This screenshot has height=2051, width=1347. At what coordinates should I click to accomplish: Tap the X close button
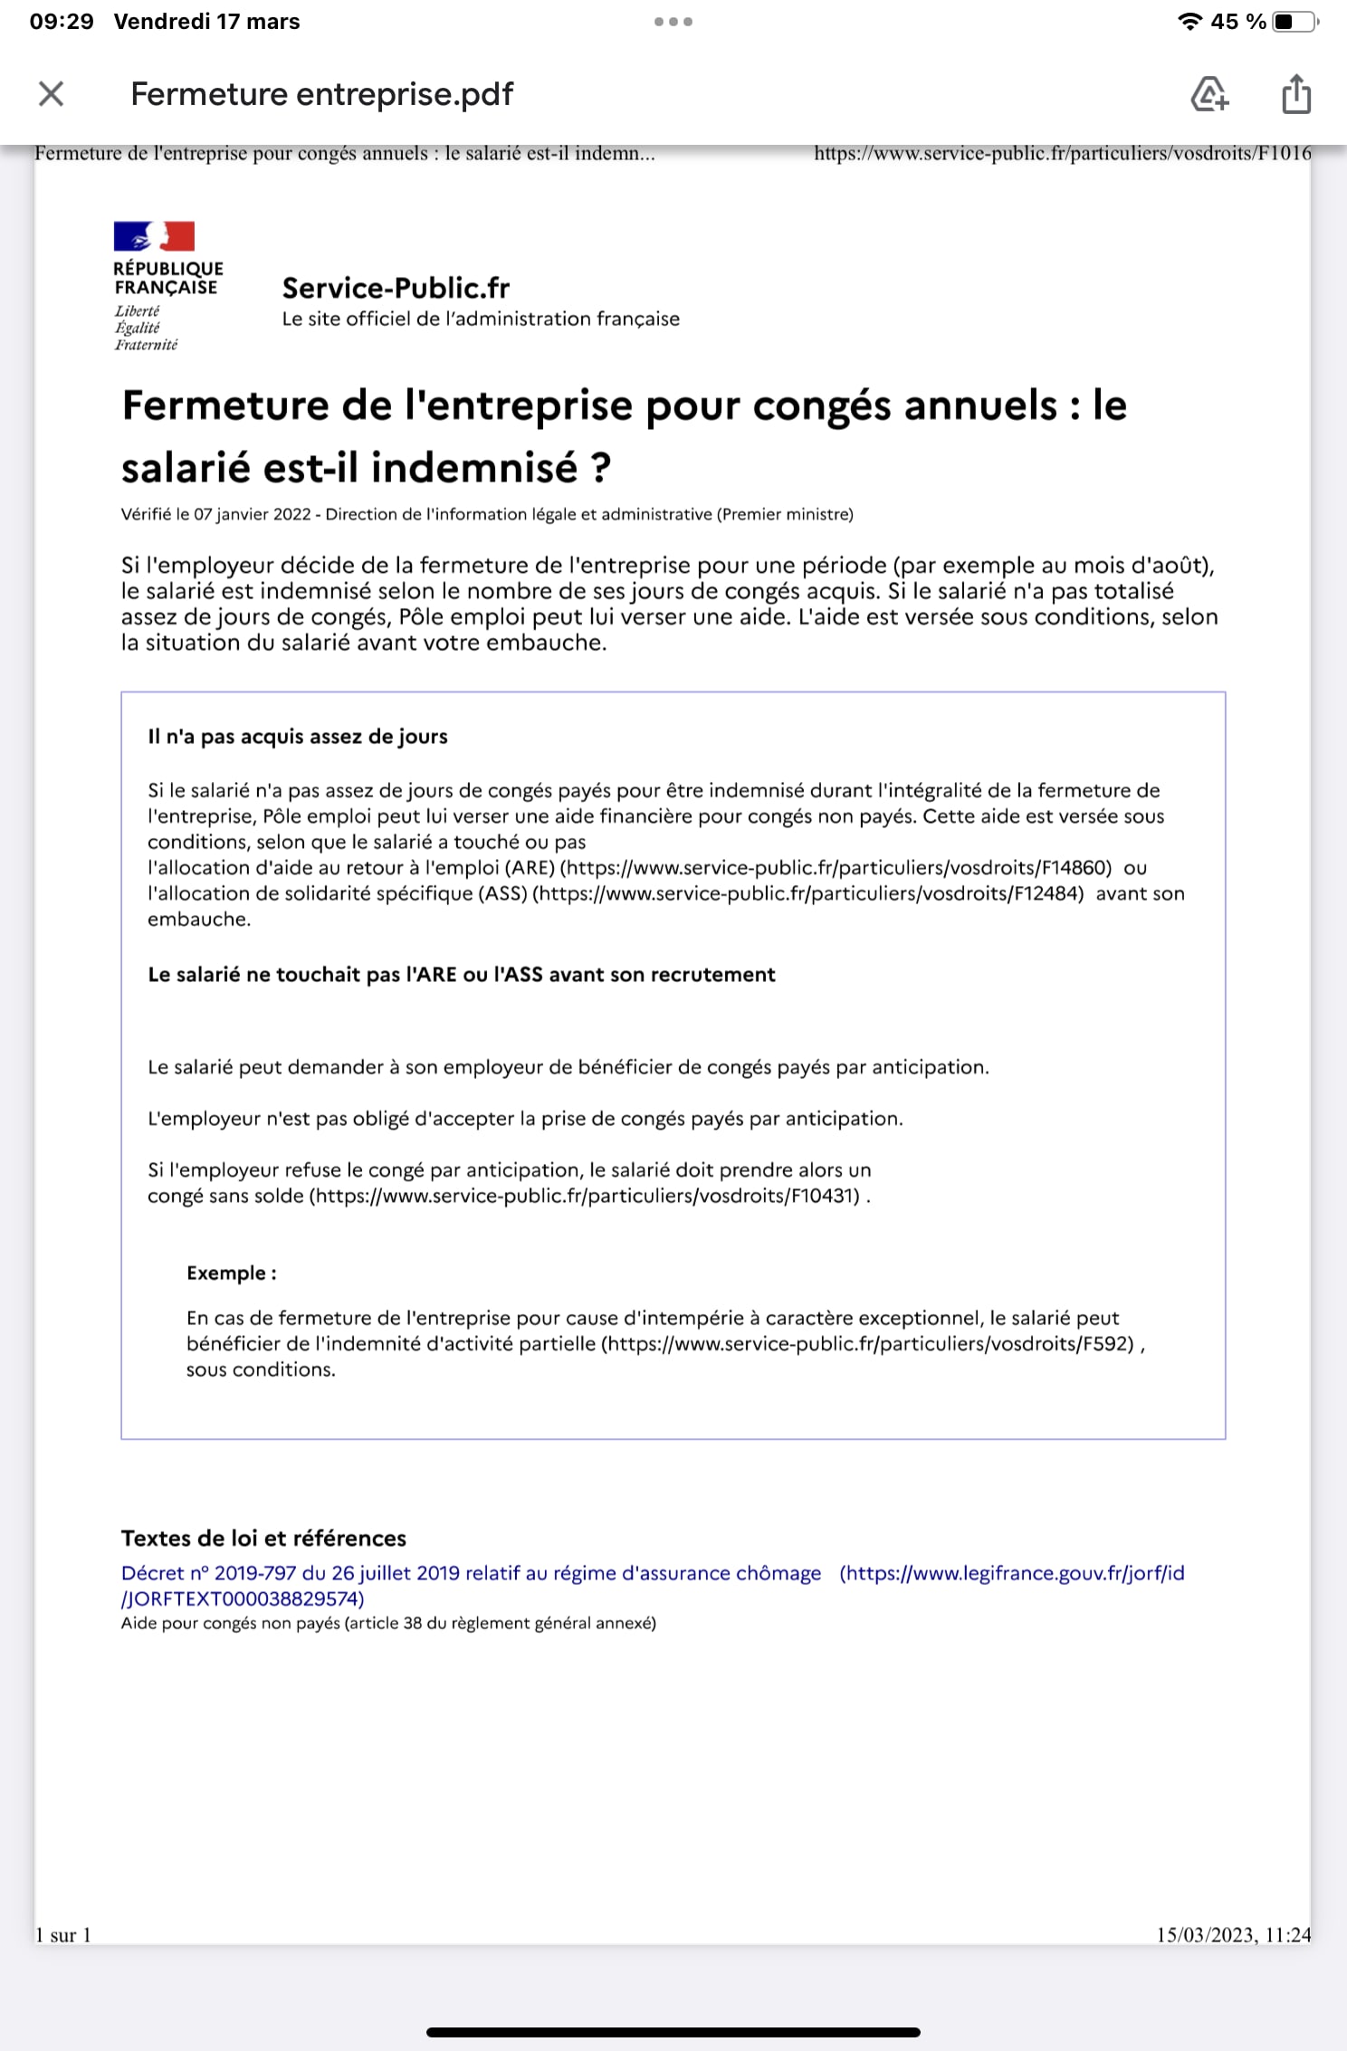[x=52, y=93]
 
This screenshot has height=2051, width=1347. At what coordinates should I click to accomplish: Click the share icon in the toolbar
[x=1296, y=93]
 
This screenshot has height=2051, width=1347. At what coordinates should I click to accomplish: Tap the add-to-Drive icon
[x=1209, y=93]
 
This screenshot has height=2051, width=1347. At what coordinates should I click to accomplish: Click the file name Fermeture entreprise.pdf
[x=321, y=94]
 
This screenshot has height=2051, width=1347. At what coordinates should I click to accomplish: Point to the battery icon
[x=1294, y=22]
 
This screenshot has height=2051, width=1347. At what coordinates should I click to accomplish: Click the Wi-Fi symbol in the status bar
[x=1189, y=22]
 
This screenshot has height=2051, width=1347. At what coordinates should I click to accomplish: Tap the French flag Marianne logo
[x=154, y=236]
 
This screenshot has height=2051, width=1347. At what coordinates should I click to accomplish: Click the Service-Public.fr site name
[x=396, y=288]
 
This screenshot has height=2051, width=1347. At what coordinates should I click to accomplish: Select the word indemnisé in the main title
[x=473, y=468]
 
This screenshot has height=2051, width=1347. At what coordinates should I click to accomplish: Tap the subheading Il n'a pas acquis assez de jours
[x=297, y=736]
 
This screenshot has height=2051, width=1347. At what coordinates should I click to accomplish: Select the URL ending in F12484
[x=808, y=893]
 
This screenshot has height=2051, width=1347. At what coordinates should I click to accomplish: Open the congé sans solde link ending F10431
[x=585, y=1196]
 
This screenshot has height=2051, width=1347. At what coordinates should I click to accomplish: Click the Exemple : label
[x=231, y=1273]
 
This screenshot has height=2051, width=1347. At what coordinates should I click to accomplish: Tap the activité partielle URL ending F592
[x=868, y=1343]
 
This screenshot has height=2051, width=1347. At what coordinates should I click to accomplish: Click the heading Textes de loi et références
[x=263, y=1538]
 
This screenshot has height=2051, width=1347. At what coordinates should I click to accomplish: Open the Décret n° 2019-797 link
[x=471, y=1573]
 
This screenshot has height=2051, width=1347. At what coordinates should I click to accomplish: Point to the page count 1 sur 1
[x=63, y=1935]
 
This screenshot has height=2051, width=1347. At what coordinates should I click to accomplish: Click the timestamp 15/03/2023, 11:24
[x=1233, y=1935]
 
